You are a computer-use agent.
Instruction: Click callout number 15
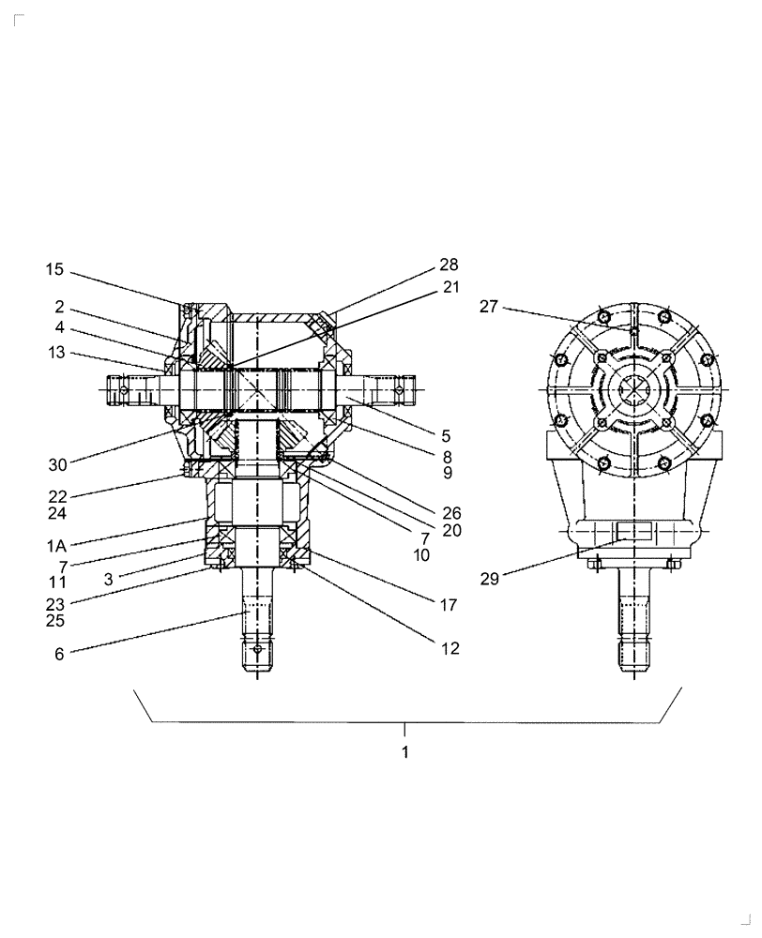coord(53,270)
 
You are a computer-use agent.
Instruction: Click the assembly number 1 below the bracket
coord(404,752)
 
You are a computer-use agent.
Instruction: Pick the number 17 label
coord(448,605)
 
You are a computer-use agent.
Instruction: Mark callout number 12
coord(450,648)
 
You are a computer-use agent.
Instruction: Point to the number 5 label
coord(446,436)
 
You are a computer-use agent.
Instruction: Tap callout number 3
coord(109,580)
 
